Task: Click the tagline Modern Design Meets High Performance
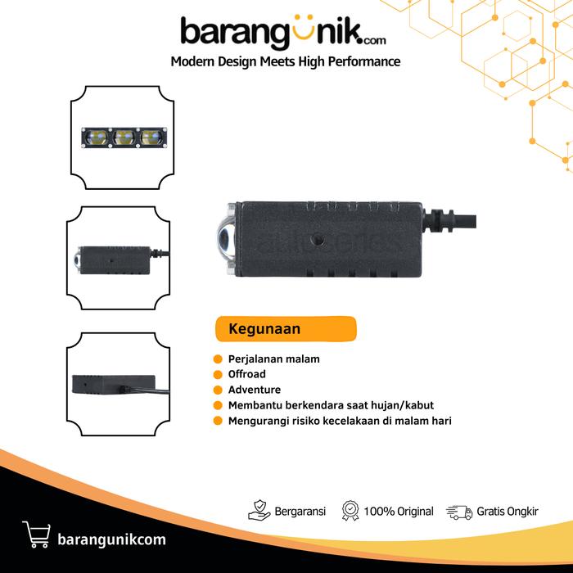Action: pos(285,61)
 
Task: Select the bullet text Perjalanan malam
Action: pos(274,359)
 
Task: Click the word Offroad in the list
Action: pos(247,374)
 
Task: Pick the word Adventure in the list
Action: pos(255,390)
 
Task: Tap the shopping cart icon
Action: pos(37,533)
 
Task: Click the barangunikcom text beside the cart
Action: pos(112,539)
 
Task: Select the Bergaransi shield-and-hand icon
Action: pos(259,512)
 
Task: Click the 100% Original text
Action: pos(399,512)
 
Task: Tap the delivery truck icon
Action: pos(459,512)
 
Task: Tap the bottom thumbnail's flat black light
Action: pos(114,385)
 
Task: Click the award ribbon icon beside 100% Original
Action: pos(350,512)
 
